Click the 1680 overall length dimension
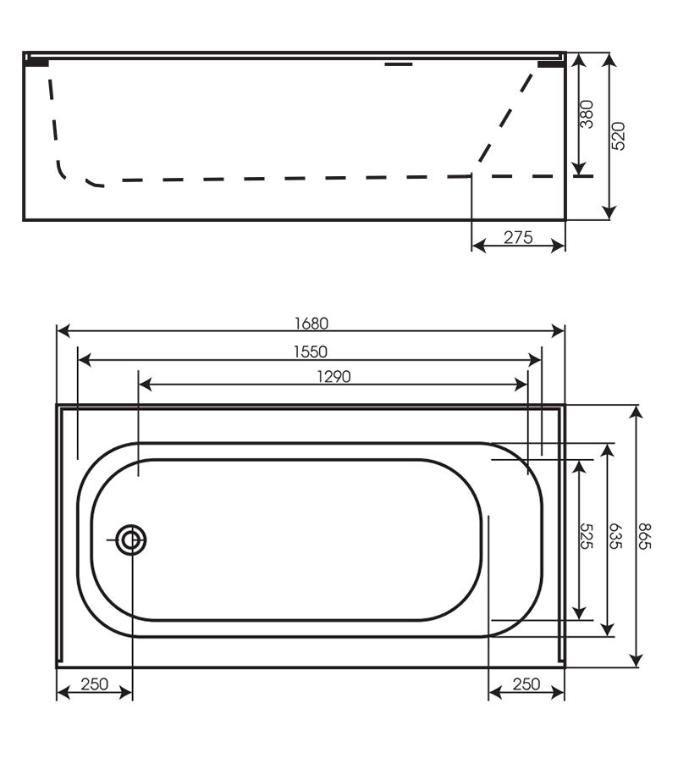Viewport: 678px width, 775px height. [x=311, y=322]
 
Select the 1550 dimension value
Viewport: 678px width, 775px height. [x=311, y=351]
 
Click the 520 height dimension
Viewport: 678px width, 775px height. [x=618, y=136]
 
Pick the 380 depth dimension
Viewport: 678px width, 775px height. [x=587, y=114]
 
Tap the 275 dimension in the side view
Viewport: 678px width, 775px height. [x=518, y=238]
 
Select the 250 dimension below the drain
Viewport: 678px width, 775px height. [x=94, y=684]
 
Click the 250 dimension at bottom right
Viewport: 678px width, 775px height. [x=526, y=684]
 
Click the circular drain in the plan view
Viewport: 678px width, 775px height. [x=131, y=539]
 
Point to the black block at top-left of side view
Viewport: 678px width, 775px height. [x=37, y=62]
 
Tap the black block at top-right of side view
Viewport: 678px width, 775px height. [x=550, y=62]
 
